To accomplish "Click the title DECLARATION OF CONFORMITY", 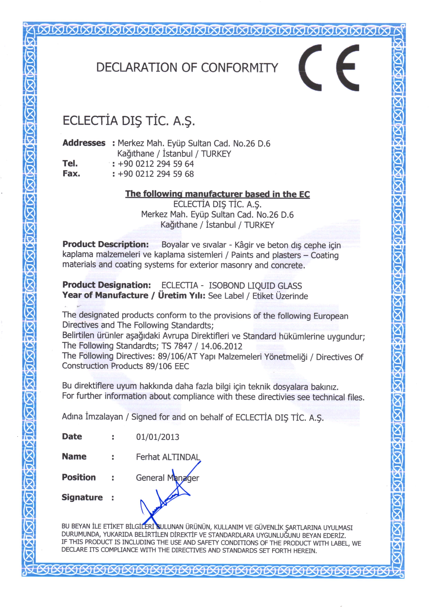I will (x=187, y=68).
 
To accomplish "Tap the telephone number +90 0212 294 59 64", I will (x=156, y=164).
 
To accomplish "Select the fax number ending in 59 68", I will (x=156, y=174).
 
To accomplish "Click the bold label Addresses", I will (x=84, y=143).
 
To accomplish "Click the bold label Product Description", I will (x=105, y=244).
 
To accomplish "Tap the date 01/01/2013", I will (x=158, y=437).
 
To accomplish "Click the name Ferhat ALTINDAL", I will (x=168, y=457).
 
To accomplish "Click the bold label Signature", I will (x=82, y=498).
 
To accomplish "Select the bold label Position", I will (x=79, y=477).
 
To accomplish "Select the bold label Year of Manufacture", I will (x=105, y=295).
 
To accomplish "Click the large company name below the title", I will (x=129, y=121).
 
